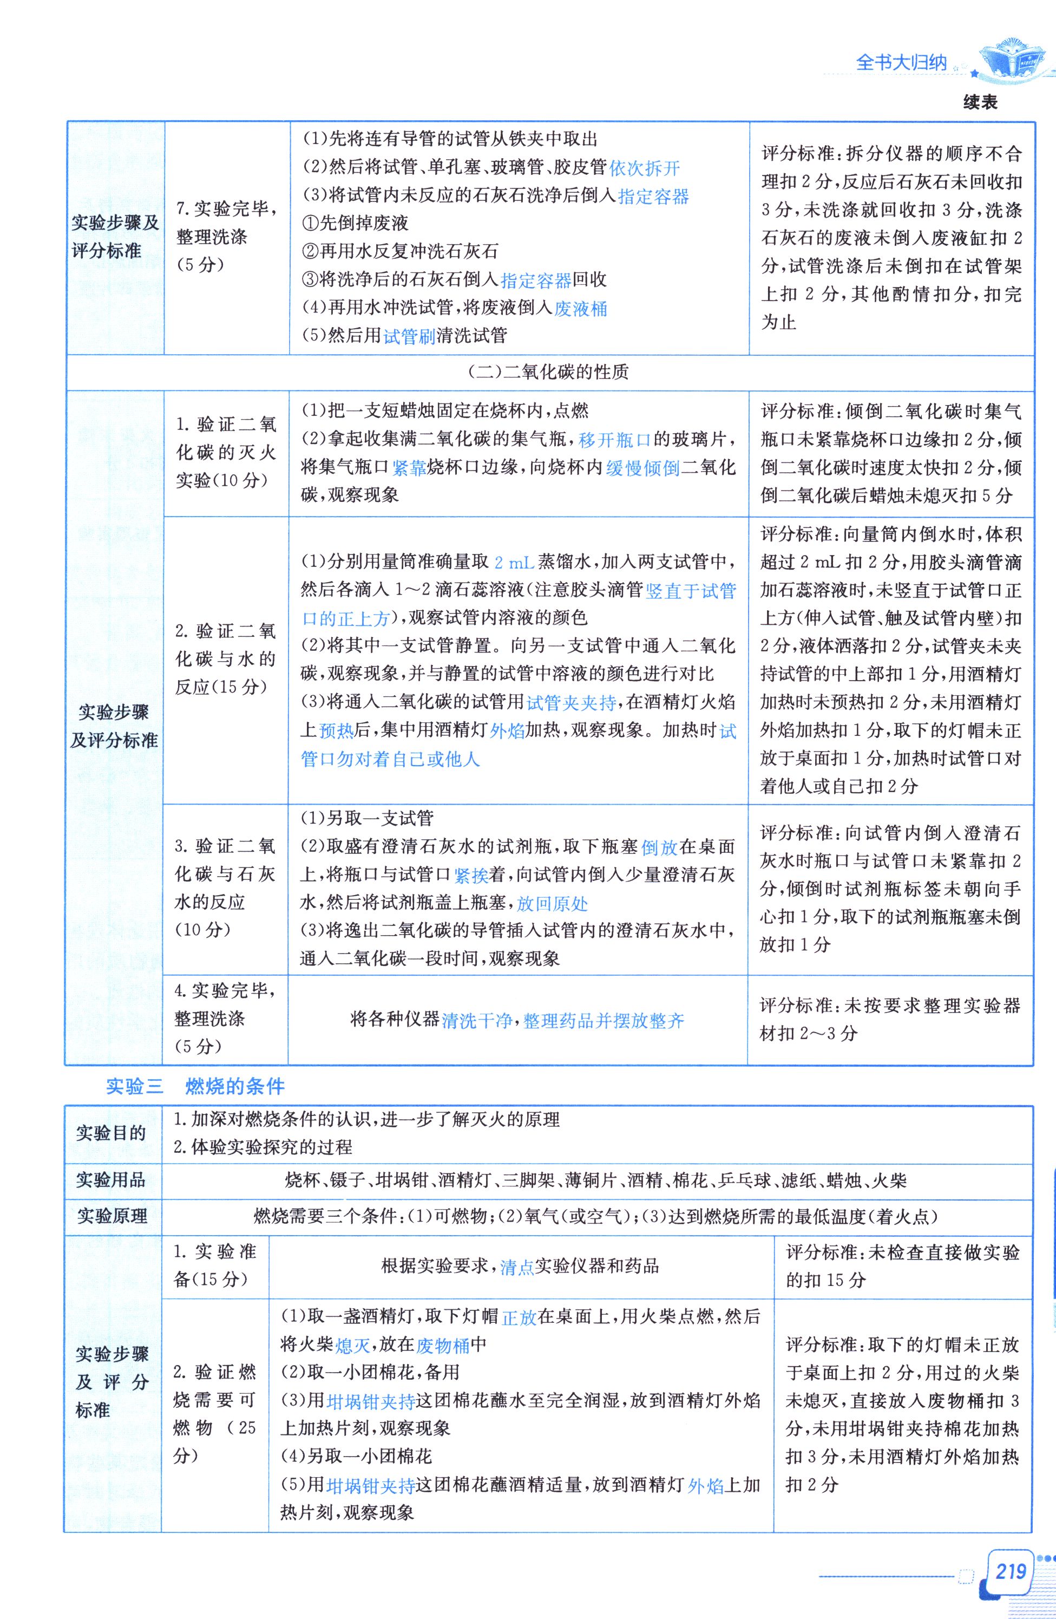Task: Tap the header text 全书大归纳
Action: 901,63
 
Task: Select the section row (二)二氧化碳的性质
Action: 549,372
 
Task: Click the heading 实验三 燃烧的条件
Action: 195,1086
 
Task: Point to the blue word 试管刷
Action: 409,336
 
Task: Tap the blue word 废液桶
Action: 581,308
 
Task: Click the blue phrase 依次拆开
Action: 645,168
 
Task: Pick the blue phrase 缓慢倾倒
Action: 642,468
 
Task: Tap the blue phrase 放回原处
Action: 553,903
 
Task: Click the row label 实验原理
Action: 111,1216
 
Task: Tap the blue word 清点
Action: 517,1267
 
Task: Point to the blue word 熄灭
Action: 353,1345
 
